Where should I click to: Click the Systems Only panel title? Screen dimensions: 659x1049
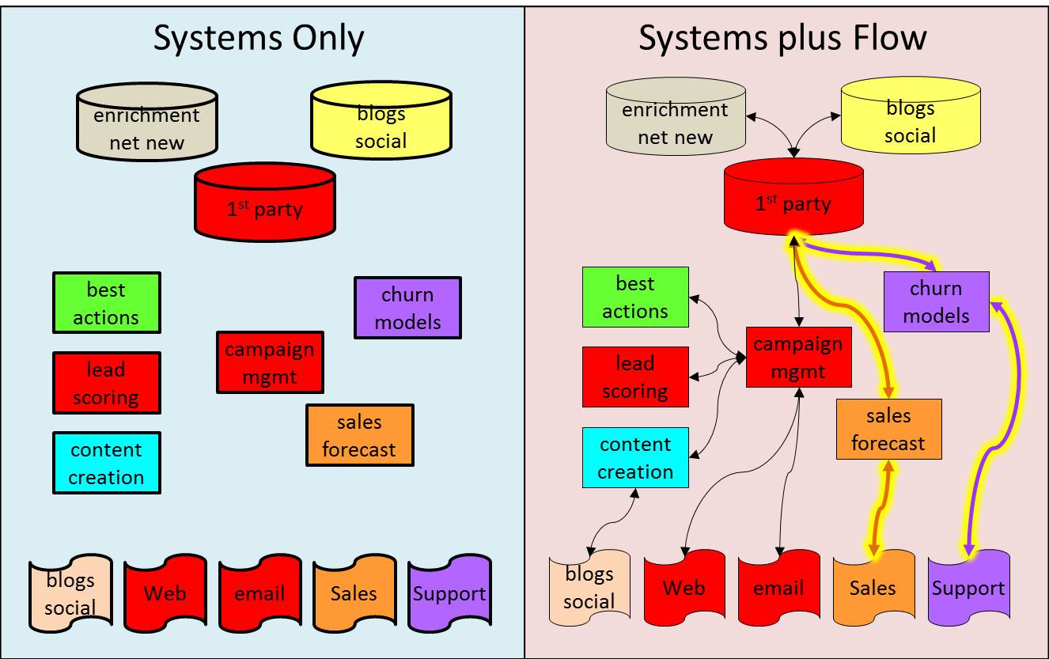259,38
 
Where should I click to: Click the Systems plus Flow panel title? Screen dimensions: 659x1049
782,38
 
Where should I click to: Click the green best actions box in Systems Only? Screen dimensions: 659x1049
106,303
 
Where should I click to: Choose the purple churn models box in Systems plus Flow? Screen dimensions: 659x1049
936,302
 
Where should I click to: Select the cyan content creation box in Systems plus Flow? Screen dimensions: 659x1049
635,458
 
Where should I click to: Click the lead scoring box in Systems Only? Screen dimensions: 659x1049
106,383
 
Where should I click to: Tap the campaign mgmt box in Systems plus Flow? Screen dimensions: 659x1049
798,358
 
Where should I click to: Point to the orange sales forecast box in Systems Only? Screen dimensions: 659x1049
359,436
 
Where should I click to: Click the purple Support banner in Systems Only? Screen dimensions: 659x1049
449,593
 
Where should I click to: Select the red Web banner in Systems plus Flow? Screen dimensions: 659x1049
684,588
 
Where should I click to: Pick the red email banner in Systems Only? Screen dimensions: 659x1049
259,593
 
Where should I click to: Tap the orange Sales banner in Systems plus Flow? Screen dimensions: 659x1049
873,588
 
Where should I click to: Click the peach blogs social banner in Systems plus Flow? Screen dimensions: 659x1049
589,588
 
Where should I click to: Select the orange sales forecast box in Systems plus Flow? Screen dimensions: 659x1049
888,430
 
